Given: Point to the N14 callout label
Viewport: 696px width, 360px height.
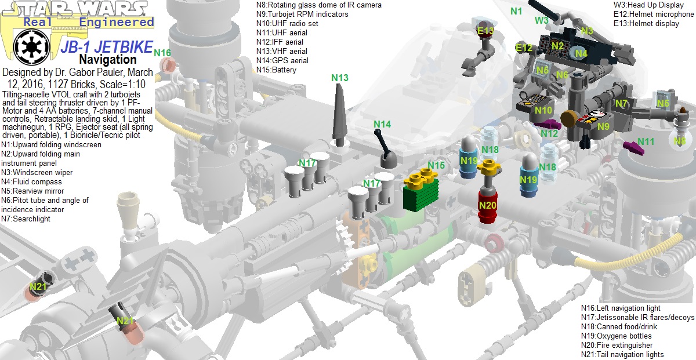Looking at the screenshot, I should pyautogui.click(x=382, y=124).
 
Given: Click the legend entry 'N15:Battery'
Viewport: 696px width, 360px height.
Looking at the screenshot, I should pyautogui.click(x=276, y=70).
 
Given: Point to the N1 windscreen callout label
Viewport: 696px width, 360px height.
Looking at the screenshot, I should pyautogui.click(x=516, y=11).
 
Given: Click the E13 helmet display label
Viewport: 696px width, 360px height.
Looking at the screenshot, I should pyautogui.click(x=485, y=31).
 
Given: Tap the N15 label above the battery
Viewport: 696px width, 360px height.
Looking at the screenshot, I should pyautogui.click(x=436, y=166).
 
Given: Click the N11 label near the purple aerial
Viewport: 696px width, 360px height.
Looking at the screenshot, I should pyautogui.click(x=646, y=141).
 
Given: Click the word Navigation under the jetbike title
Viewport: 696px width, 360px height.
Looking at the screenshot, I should pyautogui.click(x=107, y=59).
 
